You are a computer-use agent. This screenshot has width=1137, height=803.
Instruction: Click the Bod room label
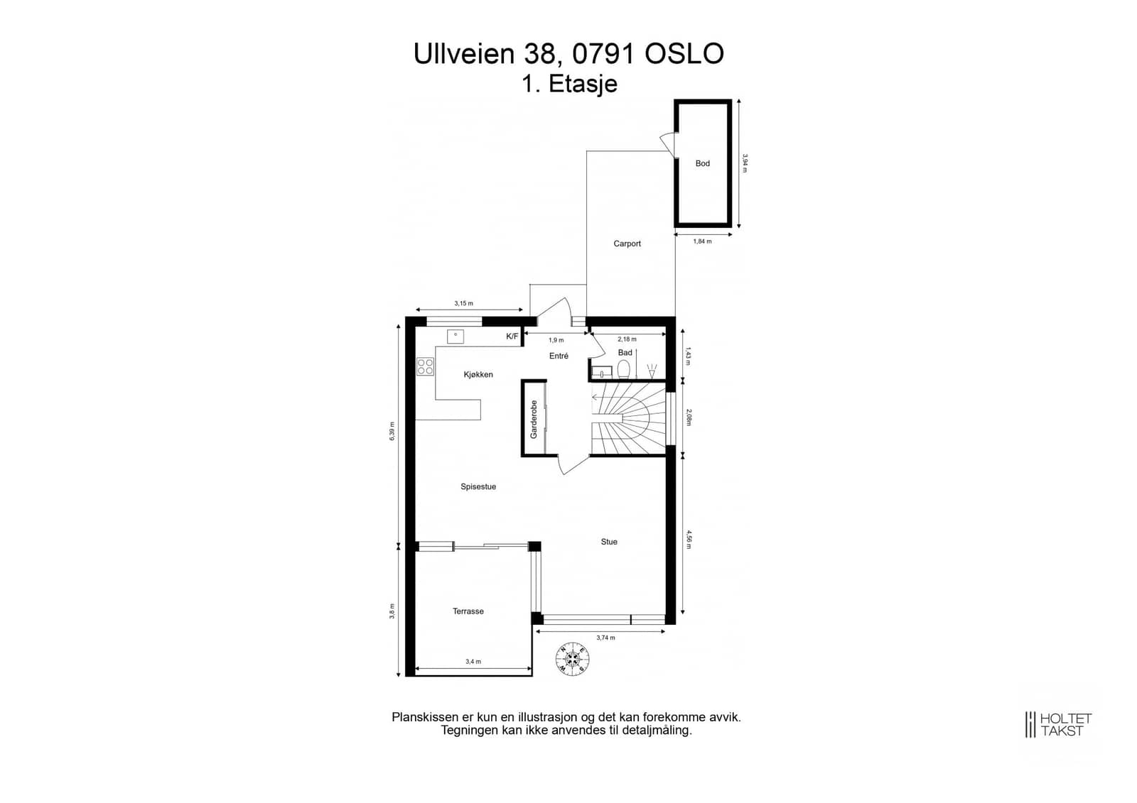[x=702, y=163]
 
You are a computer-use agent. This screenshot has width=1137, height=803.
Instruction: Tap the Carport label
[x=627, y=244]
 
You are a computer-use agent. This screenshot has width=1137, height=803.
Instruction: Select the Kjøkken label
[x=478, y=374]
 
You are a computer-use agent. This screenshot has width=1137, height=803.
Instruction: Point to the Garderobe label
[x=534, y=420]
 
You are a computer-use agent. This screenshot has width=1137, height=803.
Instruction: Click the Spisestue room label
[x=478, y=486]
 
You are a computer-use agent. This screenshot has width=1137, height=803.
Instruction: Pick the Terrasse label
[x=468, y=611]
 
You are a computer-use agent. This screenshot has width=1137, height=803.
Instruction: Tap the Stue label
[x=609, y=542]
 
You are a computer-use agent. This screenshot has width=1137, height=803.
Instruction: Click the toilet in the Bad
[x=624, y=369]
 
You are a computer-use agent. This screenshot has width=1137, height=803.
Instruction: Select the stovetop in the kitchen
[x=426, y=366]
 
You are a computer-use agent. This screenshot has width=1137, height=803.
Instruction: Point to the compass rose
[x=573, y=659]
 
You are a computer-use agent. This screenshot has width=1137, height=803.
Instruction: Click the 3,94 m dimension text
[x=745, y=163]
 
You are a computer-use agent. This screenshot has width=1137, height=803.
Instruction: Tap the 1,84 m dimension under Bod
[x=703, y=241]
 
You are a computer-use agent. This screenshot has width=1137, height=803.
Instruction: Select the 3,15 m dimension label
[x=463, y=303]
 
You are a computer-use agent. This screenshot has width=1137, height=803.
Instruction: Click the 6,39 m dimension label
[x=392, y=431]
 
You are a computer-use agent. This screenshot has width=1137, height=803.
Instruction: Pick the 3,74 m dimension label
[x=605, y=638]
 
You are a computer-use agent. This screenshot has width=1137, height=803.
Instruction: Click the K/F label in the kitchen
[x=512, y=337]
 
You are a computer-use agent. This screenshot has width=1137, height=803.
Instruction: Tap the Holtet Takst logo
[x=1058, y=724]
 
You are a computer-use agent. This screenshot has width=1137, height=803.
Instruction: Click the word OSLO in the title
[x=684, y=53]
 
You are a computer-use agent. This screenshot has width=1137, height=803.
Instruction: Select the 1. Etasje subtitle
[x=569, y=84]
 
